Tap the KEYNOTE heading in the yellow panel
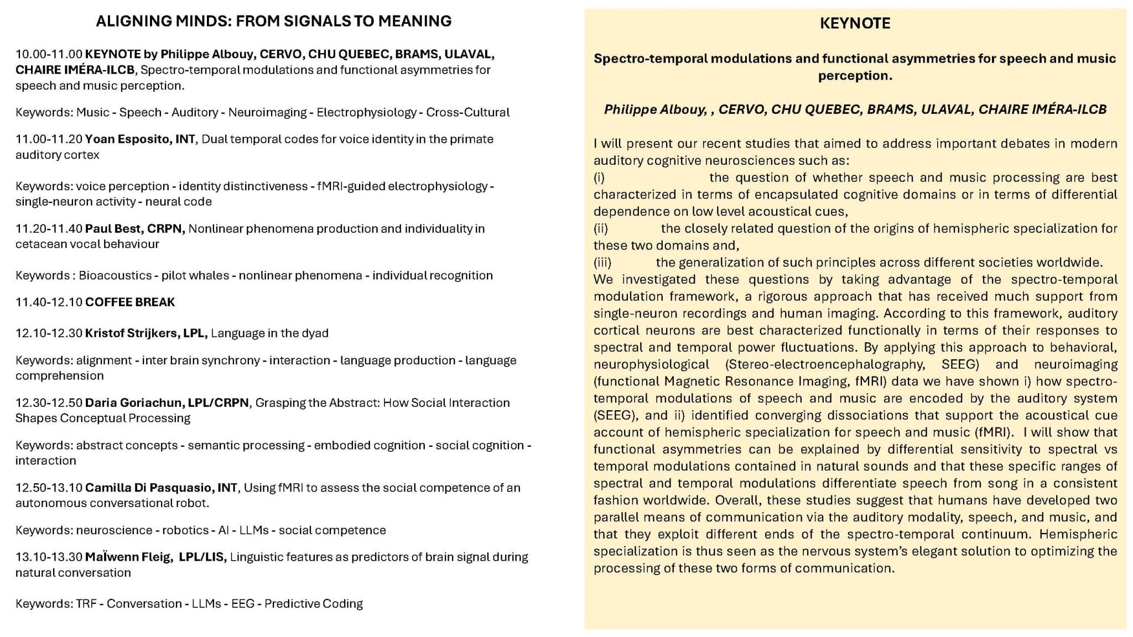click(855, 23)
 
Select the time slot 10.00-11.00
click(49, 54)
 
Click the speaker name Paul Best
click(113, 229)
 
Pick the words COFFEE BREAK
click(130, 302)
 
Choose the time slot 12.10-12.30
click(49, 333)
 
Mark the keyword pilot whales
click(195, 276)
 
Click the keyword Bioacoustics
click(115, 276)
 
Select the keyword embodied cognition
click(370, 446)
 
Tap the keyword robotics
click(185, 531)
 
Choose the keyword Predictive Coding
click(313, 604)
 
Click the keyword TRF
click(86, 604)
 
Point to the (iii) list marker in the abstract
click(602, 263)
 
